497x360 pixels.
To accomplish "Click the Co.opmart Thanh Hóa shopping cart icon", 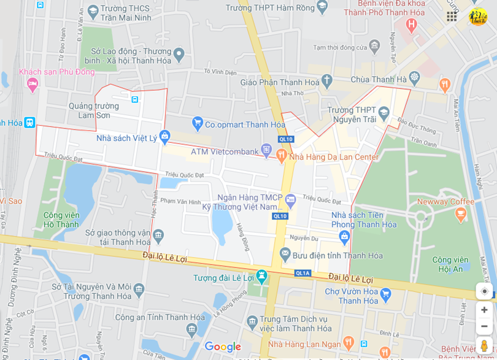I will tap(197, 124).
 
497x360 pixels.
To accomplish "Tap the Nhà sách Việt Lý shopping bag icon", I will tap(164, 137).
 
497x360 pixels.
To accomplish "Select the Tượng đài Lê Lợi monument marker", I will tap(262, 277).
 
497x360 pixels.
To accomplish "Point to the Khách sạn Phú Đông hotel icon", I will tap(33, 83).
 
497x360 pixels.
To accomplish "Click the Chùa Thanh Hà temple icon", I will tap(414, 78).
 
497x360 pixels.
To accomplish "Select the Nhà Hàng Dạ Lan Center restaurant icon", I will tap(281, 156).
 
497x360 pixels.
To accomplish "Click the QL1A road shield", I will tap(303, 274).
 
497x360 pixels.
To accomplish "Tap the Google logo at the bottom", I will tap(223, 347).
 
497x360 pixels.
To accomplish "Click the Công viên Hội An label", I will tap(451, 264).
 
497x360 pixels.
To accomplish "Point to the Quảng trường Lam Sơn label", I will tap(94, 110).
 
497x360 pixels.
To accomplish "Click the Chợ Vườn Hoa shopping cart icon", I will tap(385, 295).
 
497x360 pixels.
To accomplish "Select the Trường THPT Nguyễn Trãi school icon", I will tap(383, 112).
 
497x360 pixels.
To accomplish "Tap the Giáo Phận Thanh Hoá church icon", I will tap(327, 80).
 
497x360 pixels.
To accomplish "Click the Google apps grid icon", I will tap(452, 17).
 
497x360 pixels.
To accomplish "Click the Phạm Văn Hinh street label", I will tap(180, 201).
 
